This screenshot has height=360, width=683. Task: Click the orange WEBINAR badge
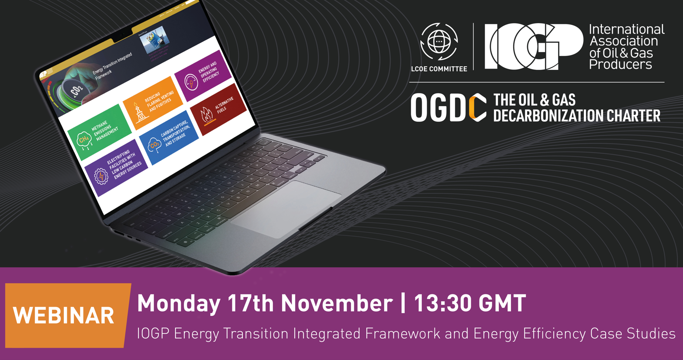pyautogui.click(x=64, y=315)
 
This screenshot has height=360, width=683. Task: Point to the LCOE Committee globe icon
pyautogui.click(x=439, y=42)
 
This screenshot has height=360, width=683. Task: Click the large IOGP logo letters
pyautogui.click(x=534, y=47)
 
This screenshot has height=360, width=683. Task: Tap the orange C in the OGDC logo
pyautogui.click(x=477, y=107)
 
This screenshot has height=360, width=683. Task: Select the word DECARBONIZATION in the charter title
pyautogui.click(x=542, y=116)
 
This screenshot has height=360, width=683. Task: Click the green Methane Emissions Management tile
pyautogui.click(x=99, y=132)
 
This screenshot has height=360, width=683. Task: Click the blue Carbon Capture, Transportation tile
pyautogui.click(x=169, y=137)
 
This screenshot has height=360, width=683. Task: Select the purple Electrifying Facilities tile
pyautogui.click(x=116, y=167)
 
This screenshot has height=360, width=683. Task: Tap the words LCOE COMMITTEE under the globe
pyautogui.click(x=439, y=69)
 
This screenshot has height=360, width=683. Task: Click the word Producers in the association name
pyautogui.click(x=620, y=65)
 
